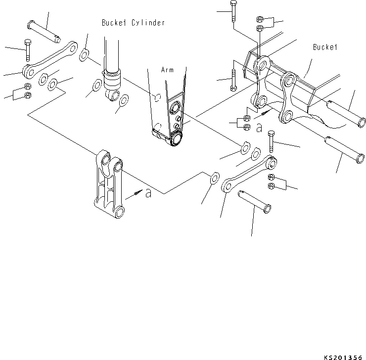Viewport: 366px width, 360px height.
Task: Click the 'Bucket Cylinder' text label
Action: [x=133, y=23]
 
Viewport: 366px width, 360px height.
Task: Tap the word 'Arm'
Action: [x=167, y=70]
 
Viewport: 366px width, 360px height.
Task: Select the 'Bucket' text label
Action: [x=324, y=47]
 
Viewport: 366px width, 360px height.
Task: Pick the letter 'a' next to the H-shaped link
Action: [x=148, y=193]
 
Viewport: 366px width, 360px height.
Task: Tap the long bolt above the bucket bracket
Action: [x=232, y=12]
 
